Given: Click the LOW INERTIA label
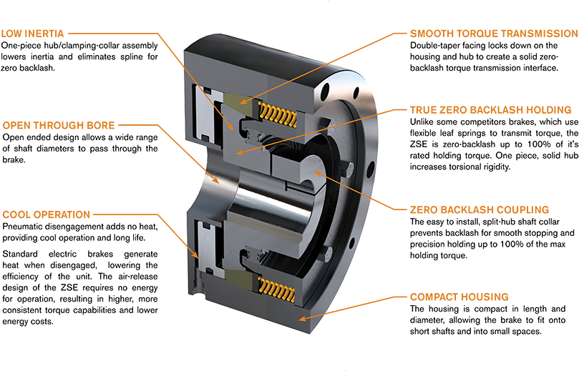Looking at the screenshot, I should (33, 34).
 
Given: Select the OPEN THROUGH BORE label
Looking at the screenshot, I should (58, 126).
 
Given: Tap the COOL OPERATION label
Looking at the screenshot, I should (47, 214).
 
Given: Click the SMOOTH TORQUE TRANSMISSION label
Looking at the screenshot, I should (493, 34).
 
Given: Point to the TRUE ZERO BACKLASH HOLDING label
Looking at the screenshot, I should (490, 110).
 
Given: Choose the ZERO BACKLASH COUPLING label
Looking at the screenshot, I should (479, 210).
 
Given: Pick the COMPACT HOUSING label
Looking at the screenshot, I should (459, 297).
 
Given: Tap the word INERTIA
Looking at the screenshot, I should (45, 34).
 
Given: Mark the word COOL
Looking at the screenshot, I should (16, 214).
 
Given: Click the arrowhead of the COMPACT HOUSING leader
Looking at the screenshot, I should (301, 319).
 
